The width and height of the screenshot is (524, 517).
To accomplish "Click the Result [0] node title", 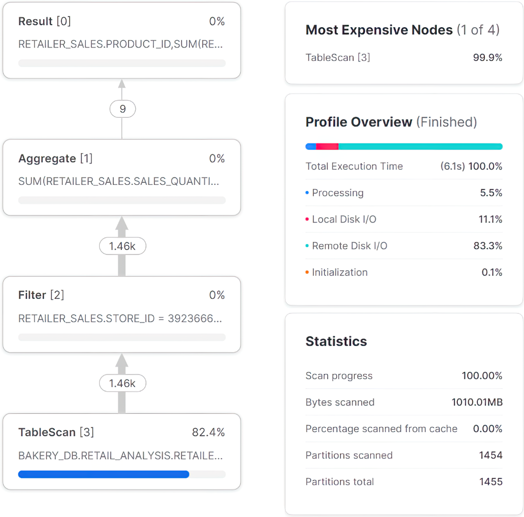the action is [44, 21].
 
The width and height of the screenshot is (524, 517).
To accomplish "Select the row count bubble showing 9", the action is [122, 109].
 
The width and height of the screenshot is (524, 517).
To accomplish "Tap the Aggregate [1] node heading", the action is [55, 158].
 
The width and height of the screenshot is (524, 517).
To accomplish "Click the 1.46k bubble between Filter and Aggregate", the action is [122, 246].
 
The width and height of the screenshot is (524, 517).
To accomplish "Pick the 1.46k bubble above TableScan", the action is [122, 383].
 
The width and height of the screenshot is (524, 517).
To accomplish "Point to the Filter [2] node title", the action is [41, 295].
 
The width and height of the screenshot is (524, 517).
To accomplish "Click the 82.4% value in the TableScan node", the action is [208, 432].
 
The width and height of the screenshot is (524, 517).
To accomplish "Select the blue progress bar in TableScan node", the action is [103, 474].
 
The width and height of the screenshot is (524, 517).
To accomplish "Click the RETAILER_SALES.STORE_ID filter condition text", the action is [120, 318].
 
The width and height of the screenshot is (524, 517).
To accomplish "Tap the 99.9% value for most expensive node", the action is [488, 58].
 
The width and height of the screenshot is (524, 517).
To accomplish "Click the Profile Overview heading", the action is [391, 122].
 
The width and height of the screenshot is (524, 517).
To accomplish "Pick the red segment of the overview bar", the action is [327, 146].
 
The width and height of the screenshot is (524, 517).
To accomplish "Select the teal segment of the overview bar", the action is [421, 146].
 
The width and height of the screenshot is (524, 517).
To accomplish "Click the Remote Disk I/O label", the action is [350, 246].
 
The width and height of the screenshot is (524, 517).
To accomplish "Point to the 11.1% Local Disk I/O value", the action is [490, 219].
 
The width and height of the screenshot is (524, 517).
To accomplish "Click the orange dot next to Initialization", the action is [307, 273].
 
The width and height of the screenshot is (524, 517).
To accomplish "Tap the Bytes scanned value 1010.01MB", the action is [477, 402].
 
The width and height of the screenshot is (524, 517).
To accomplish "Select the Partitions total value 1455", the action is [491, 482].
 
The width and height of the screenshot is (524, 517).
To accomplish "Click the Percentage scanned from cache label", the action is [381, 429].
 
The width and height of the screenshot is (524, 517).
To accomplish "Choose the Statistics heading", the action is [336, 341].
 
